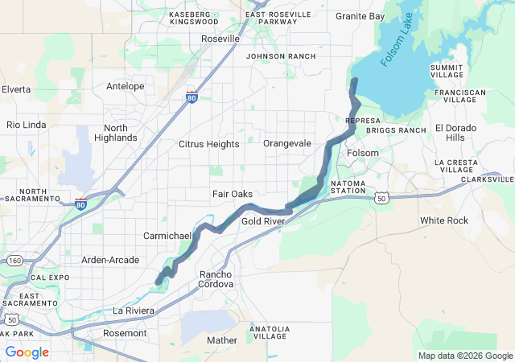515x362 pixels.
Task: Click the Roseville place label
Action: pos(220,39)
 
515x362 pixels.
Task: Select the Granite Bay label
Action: pos(360,16)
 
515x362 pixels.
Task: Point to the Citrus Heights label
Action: pos(208,144)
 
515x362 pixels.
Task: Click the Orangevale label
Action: pos(287,143)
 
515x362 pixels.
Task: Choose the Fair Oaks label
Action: pos(233,194)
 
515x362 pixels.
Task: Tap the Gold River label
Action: pos(263,220)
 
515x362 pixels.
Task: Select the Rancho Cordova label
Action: pos(216,279)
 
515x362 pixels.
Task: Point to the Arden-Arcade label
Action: pos(110,260)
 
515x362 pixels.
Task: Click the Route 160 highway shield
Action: pos(14,261)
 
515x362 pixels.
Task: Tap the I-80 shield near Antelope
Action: pos(192,98)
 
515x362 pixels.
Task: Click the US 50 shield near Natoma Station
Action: pos(381,197)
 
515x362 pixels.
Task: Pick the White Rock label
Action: pos(443,220)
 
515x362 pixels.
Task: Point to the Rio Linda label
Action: pos(27,125)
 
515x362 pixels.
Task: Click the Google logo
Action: pos(27,352)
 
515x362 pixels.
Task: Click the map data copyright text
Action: pos(464,356)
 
